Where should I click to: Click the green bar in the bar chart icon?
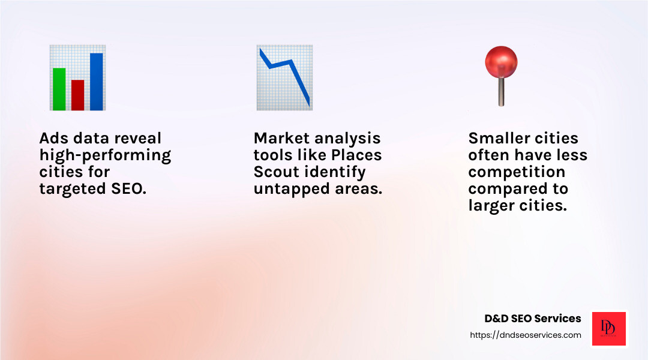(59, 89)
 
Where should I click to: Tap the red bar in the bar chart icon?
(77, 95)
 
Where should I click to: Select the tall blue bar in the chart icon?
(96, 82)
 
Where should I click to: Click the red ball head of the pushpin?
(501, 62)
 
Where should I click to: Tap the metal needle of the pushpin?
(501, 92)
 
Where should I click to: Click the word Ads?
(54, 138)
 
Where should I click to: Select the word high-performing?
(106, 155)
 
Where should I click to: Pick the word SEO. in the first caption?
(129, 188)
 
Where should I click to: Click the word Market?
(276, 138)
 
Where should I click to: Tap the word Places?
(356, 155)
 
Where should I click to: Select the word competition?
(517, 172)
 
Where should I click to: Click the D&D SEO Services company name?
(533, 318)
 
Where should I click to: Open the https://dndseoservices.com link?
(526, 335)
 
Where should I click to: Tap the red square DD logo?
(609, 329)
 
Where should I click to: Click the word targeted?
(73, 189)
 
